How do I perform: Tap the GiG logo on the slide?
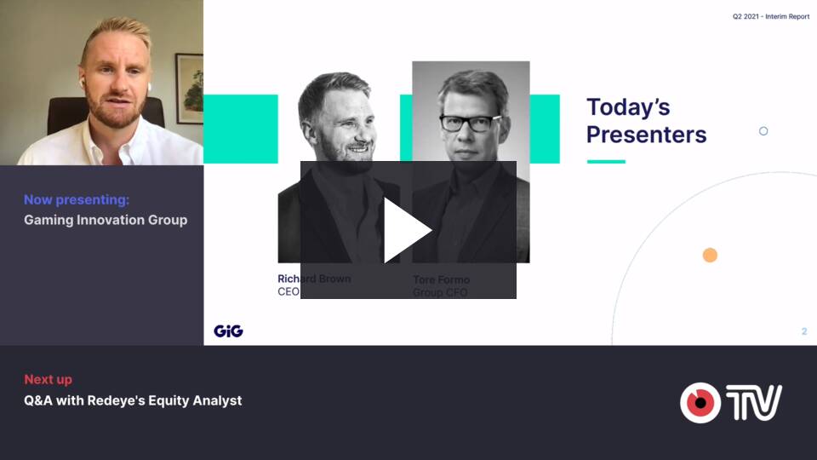click(228, 331)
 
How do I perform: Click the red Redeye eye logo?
click(700, 403)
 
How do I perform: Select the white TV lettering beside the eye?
click(753, 402)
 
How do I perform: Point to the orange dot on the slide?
click(710, 255)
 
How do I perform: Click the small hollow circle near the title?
click(763, 131)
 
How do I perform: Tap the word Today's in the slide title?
click(628, 107)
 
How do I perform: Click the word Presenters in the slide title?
click(646, 135)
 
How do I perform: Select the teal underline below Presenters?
click(606, 162)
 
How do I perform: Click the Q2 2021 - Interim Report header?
click(771, 17)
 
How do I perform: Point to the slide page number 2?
click(804, 331)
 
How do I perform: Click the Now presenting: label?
click(77, 199)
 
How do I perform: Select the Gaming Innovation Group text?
click(106, 220)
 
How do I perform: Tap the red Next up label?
click(48, 380)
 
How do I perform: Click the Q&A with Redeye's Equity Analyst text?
click(133, 400)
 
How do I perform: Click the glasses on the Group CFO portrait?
click(469, 123)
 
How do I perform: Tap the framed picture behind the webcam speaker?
click(189, 89)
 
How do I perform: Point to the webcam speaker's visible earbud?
click(82, 83)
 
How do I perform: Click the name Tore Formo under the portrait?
click(442, 279)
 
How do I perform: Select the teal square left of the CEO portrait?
click(241, 129)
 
